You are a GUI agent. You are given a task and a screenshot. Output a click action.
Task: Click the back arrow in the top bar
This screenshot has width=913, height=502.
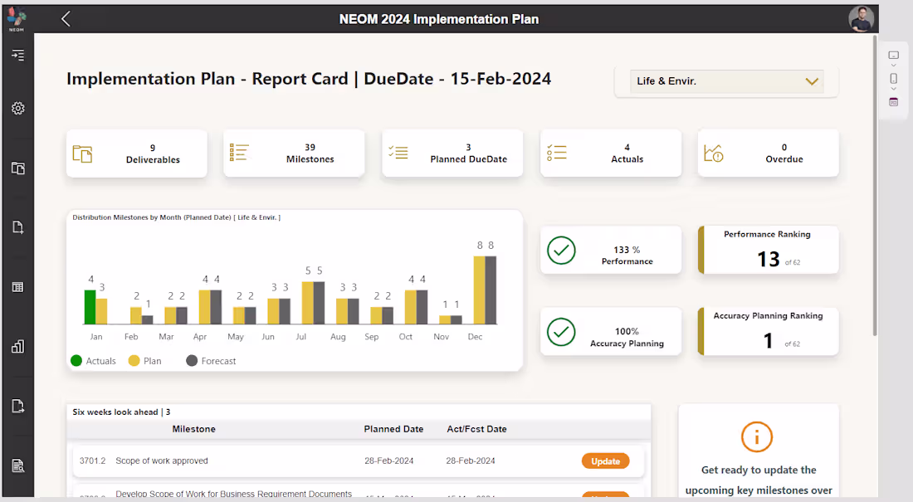pos(66,19)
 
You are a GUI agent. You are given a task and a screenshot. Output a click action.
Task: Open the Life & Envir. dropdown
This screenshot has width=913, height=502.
pos(726,81)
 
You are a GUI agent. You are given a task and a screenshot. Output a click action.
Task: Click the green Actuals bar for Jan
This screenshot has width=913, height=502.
pos(90,307)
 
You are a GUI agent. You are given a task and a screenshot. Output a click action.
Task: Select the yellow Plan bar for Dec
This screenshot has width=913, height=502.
pos(479,290)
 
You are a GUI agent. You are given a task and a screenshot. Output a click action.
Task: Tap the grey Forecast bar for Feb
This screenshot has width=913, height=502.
pos(148,319)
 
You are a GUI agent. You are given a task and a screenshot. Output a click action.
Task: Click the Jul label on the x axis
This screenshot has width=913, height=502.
pos(301,337)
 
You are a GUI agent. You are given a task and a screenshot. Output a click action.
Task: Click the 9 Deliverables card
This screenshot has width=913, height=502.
pos(137,154)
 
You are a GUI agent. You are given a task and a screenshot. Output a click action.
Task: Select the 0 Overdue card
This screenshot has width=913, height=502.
pos(768,154)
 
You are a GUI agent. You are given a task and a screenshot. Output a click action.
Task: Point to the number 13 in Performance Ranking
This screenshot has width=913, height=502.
pos(768,260)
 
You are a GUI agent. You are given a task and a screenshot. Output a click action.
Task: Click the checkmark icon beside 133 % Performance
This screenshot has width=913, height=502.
pos(562,251)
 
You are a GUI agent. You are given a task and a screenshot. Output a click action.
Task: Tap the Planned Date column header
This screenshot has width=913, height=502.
pos(393,429)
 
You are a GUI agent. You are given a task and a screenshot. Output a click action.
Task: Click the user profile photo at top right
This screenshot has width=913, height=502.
pos(862,19)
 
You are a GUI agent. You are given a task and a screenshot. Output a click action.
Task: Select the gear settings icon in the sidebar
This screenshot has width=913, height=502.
pos(17,109)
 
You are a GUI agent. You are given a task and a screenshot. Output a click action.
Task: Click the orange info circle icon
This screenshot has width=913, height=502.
pos(757,436)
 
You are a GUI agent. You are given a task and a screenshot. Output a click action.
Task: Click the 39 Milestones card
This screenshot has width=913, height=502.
pos(294,154)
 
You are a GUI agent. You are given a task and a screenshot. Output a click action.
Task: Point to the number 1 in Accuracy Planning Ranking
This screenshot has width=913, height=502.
pos(768,341)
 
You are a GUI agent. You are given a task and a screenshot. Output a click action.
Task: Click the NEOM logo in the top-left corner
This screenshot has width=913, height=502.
pos(17,18)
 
